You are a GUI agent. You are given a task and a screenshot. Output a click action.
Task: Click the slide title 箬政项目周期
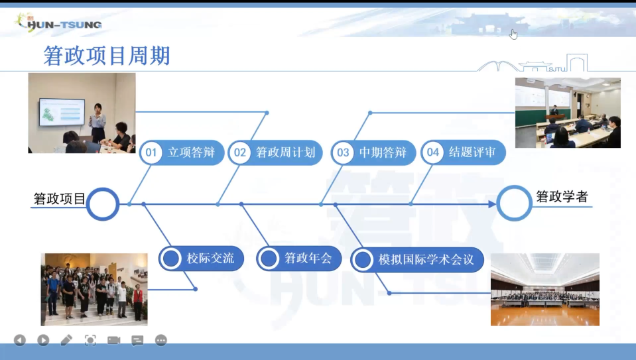(x=107, y=56)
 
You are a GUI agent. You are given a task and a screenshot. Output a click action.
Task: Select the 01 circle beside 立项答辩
(x=151, y=152)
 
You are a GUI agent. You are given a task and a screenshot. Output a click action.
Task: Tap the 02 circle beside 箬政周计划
(x=239, y=152)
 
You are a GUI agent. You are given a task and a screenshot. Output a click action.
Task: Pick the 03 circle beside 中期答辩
(x=343, y=152)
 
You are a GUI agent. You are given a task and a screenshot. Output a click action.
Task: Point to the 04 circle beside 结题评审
(x=433, y=152)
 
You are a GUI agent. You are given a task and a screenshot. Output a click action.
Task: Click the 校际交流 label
(x=210, y=259)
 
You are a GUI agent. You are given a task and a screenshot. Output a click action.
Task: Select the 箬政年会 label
(x=308, y=258)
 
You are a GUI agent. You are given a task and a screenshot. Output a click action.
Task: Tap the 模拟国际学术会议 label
(x=426, y=259)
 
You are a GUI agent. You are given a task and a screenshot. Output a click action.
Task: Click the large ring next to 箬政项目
(x=103, y=189)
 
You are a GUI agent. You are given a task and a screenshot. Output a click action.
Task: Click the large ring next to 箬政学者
(x=514, y=186)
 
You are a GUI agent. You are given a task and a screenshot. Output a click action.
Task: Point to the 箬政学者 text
(x=562, y=197)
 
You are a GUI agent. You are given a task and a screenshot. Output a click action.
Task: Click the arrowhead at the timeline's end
(x=492, y=204)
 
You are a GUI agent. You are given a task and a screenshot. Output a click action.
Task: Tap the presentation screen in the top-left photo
(x=62, y=112)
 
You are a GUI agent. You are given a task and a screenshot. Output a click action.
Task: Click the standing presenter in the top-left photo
(x=97, y=123)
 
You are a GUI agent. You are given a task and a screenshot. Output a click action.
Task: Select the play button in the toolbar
(x=43, y=340)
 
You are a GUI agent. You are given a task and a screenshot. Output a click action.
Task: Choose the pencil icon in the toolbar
(x=66, y=340)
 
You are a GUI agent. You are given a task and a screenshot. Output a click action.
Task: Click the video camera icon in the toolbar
(x=113, y=340)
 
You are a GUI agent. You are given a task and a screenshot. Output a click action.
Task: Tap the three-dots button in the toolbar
(x=161, y=340)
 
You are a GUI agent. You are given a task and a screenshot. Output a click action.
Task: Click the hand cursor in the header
(x=513, y=34)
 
